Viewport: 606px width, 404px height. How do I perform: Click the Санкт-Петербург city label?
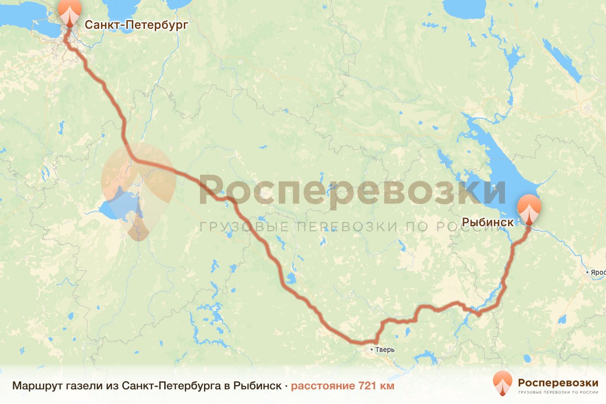tap(136, 24)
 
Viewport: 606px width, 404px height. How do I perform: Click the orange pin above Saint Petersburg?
tap(69, 11)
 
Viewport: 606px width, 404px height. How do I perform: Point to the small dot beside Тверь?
tap(372, 349)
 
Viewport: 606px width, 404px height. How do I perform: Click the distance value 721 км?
tap(376, 386)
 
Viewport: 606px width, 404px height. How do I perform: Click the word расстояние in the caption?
tap(323, 386)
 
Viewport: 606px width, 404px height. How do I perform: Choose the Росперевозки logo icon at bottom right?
tap(503, 383)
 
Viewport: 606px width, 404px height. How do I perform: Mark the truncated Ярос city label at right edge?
tap(598, 273)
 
